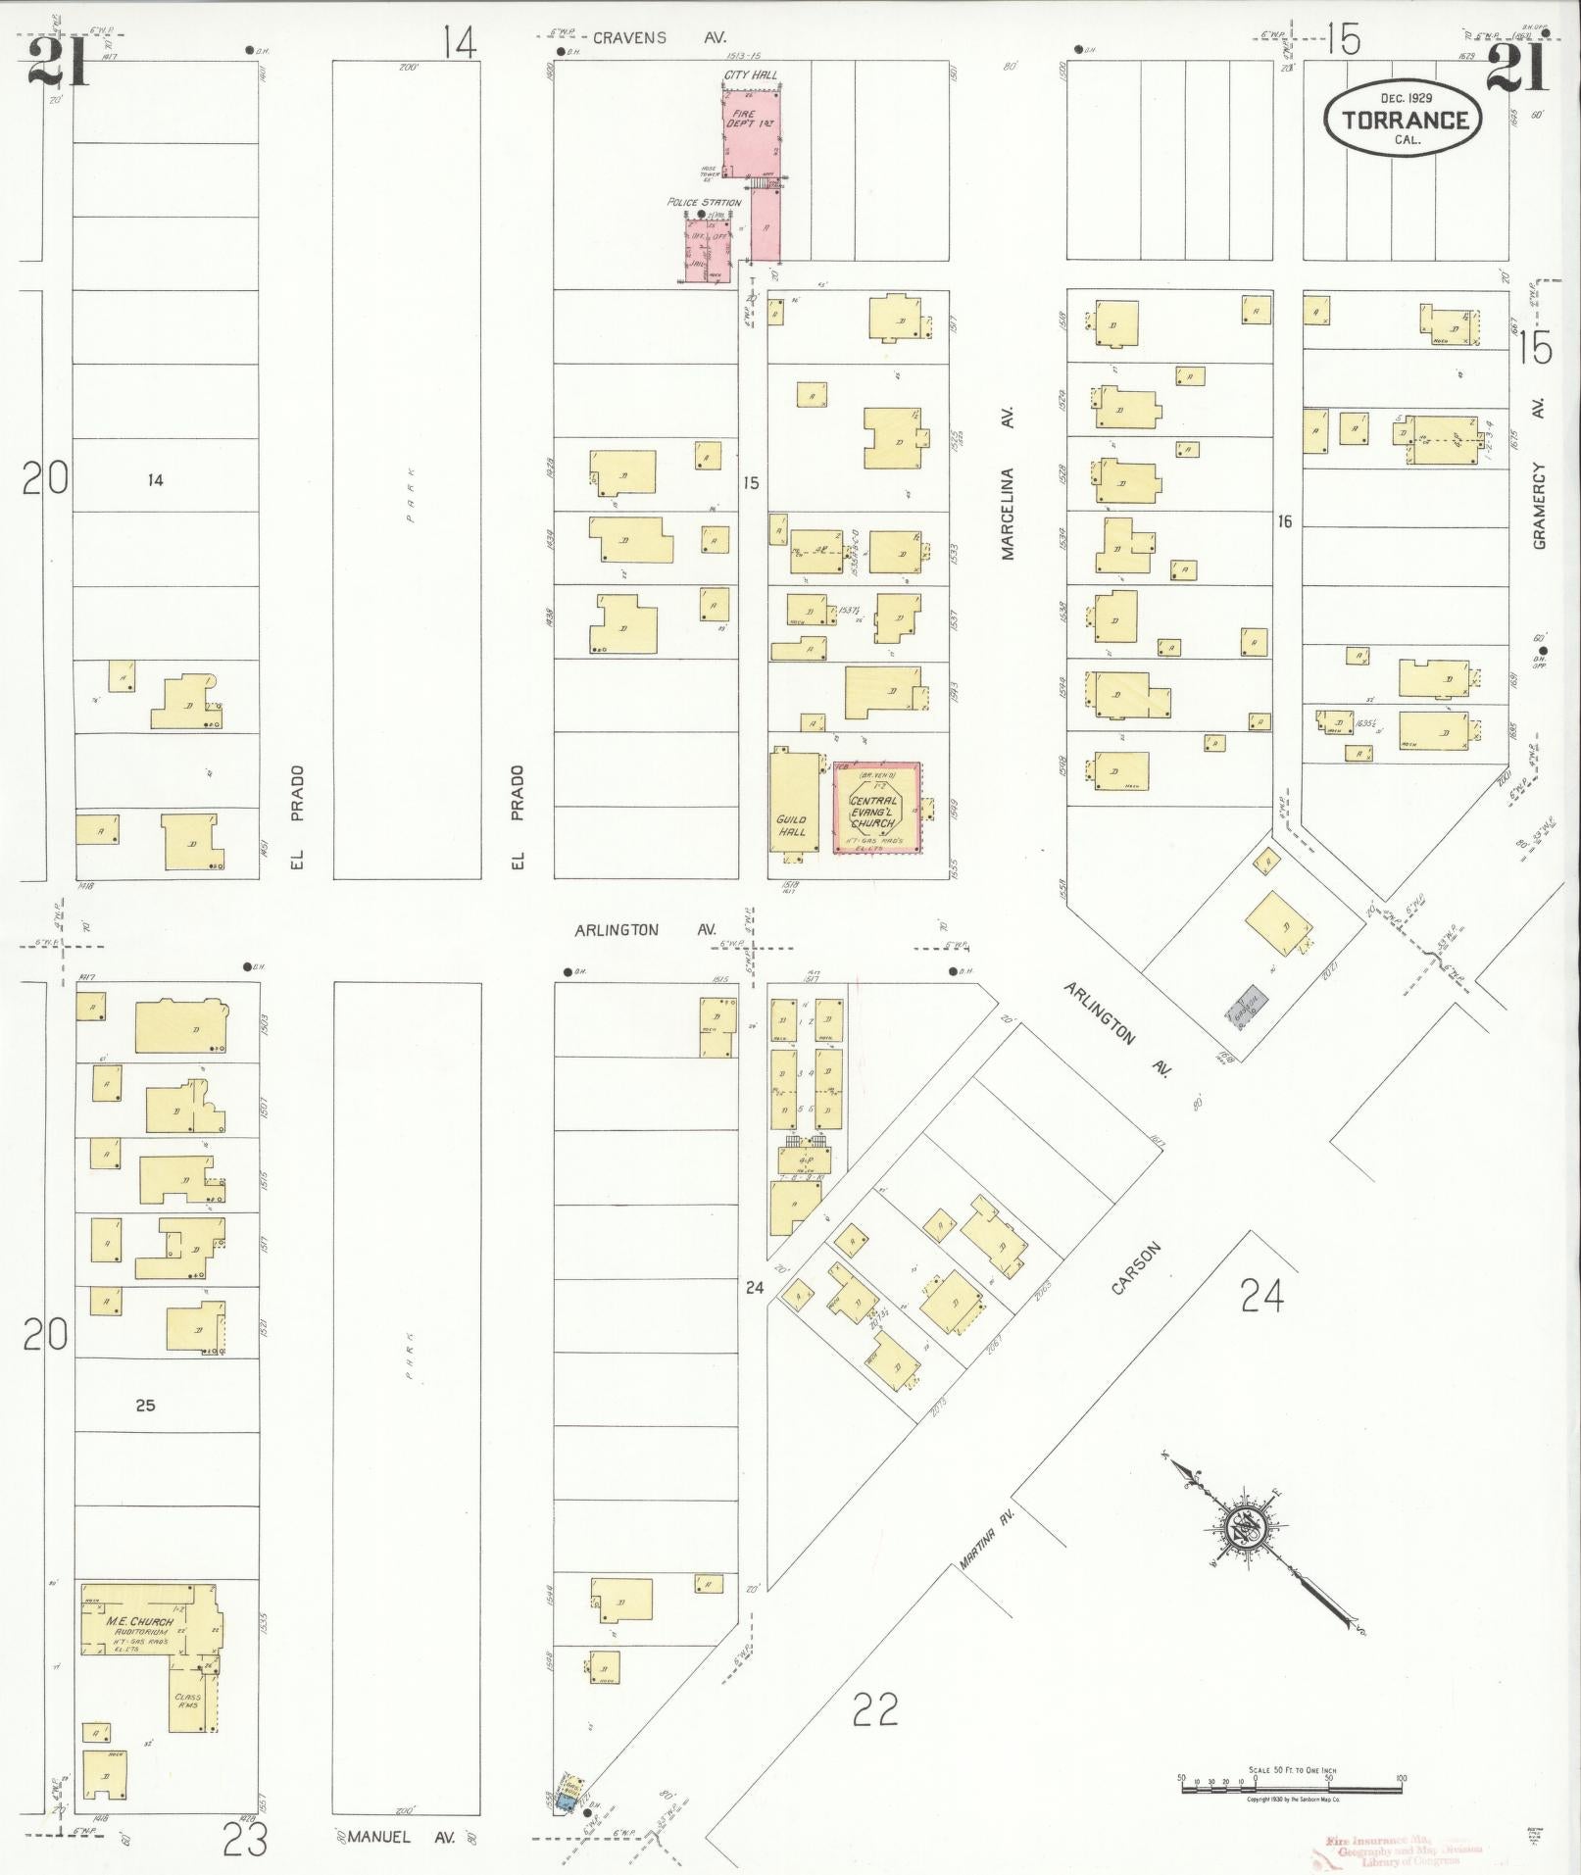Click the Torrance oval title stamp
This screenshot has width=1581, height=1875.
coord(1403,119)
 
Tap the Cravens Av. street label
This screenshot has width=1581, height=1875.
coord(658,37)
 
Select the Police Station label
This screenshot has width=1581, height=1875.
coord(704,202)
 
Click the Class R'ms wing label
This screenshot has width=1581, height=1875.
coord(187,1702)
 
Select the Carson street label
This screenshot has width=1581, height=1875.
coord(1136,1268)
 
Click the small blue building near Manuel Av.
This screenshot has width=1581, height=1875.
coord(566,1801)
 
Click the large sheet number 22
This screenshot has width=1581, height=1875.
coord(874,1710)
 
